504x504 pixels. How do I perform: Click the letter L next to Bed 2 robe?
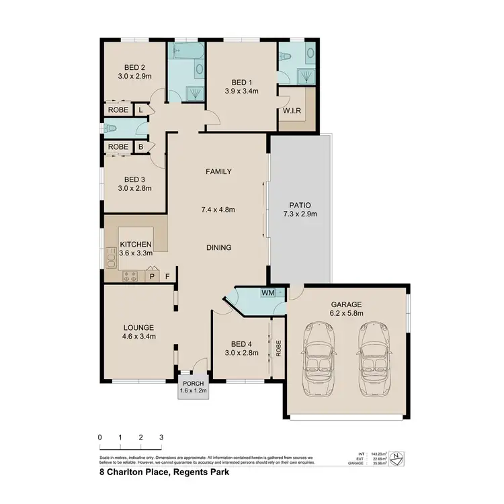click(141, 110)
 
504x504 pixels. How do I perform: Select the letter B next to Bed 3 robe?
click(141, 146)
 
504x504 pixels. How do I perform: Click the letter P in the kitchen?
click(152, 276)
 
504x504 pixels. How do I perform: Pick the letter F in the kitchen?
click(167, 276)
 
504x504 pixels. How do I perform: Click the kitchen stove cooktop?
click(130, 276)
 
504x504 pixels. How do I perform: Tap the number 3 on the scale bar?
click(161, 437)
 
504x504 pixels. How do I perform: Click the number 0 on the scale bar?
click(99, 437)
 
